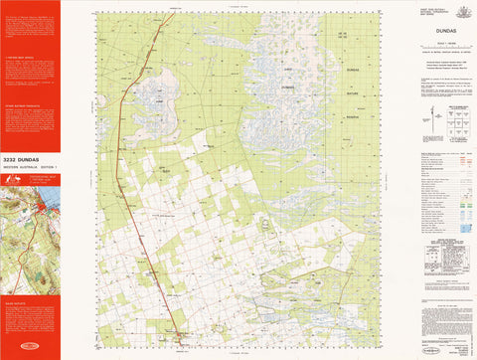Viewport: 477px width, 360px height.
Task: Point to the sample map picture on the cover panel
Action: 30,215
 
